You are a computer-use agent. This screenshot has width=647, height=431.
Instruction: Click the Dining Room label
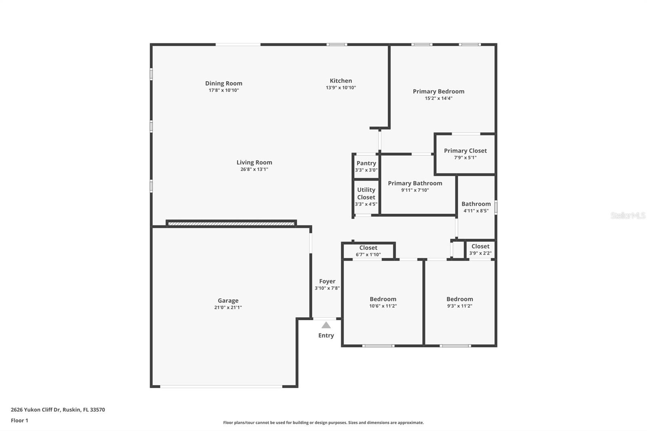click(x=224, y=83)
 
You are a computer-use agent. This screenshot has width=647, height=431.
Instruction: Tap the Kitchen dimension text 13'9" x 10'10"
click(x=341, y=88)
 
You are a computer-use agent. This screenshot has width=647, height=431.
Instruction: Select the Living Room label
click(x=254, y=163)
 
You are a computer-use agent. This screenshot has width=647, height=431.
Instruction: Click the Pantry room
click(x=366, y=166)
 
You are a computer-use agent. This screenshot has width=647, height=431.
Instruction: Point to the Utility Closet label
click(x=366, y=193)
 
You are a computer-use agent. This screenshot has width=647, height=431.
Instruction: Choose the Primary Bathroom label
click(x=415, y=183)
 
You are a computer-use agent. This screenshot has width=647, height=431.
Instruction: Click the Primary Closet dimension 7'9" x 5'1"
click(x=465, y=158)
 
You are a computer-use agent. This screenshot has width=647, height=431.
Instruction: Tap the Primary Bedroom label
click(x=438, y=91)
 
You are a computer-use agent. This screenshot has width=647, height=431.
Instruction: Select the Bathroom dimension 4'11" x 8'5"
click(x=476, y=211)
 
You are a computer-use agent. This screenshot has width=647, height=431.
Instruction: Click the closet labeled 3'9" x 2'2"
click(x=480, y=249)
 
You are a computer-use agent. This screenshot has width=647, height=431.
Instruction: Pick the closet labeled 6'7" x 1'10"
click(x=368, y=251)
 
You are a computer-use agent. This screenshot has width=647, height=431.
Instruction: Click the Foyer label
click(x=327, y=281)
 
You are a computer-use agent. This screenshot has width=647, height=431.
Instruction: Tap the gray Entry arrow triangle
click(x=326, y=325)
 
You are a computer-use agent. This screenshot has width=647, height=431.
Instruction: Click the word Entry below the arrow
click(x=326, y=336)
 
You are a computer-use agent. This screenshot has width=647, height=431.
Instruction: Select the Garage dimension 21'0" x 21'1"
click(x=228, y=307)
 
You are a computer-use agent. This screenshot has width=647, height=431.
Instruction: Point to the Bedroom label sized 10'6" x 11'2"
click(x=383, y=299)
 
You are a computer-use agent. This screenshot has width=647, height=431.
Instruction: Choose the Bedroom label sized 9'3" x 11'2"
click(x=459, y=299)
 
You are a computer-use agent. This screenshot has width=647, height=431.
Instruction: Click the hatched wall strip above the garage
click(x=231, y=223)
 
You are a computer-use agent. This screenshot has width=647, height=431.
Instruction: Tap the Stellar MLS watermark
click(x=628, y=215)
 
